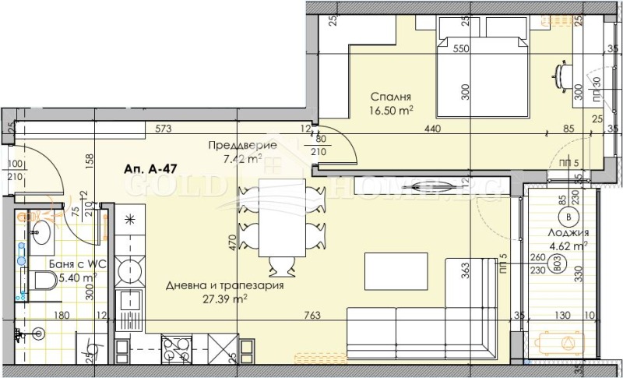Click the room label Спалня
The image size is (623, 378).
pos(390,97)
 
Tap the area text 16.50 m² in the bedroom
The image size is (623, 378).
pos(391,111)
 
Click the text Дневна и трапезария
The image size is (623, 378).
pos(213,285)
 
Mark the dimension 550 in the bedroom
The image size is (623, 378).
pos(462,48)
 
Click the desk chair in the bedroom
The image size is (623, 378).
pos(561,72)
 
